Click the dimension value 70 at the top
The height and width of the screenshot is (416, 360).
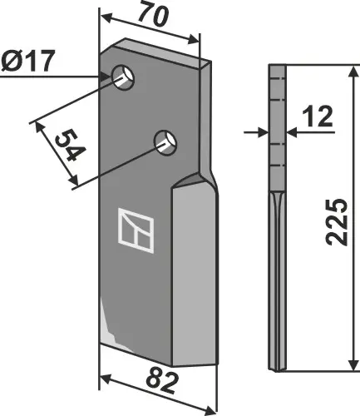[150, 14]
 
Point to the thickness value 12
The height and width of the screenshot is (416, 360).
[319, 120]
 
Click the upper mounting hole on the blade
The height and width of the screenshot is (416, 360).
[125, 77]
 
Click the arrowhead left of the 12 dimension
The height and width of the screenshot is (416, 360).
[264, 131]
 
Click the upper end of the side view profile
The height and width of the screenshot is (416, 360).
[276, 70]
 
